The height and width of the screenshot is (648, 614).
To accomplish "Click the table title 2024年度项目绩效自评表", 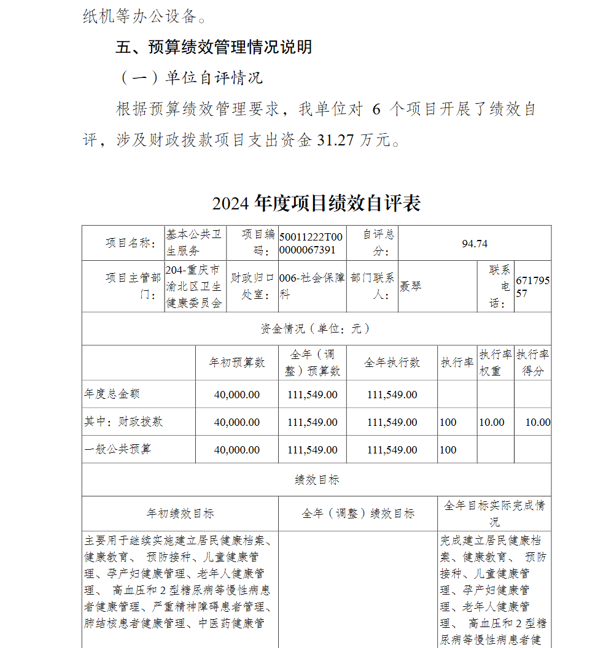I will pyautogui.click(x=316, y=203).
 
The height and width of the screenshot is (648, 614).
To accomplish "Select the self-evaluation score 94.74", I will pyautogui.click(x=475, y=244).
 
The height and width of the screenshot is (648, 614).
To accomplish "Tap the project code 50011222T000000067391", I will pyautogui.click(x=311, y=244).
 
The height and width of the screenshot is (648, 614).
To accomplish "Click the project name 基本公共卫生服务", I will pyautogui.click(x=194, y=243).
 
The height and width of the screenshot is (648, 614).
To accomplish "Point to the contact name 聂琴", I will pyautogui.click(x=411, y=286).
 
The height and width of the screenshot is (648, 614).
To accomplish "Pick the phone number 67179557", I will pyautogui.click(x=532, y=287).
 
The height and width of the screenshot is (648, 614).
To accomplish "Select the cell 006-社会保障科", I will pyautogui.click(x=311, y=286).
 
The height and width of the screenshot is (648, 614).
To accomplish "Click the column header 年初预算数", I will pyautogui.click(x=237, y=363).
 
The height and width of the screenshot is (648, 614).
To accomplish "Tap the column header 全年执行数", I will pyautogui.click(x=392, y=363).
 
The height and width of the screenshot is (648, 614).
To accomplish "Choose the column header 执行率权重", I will pyautogui.click(x=495, y=363).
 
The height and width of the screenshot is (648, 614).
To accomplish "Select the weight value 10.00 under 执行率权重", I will pyautogui.click(x=492, y=422).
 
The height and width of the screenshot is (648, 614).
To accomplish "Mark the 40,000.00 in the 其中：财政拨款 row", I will pyautogui.click(x=237, y=422).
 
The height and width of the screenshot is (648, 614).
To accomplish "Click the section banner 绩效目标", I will pyautogui.click(x=316, y=480).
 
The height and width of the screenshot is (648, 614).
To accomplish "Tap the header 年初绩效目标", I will pyautogui.click(x=180, y=514).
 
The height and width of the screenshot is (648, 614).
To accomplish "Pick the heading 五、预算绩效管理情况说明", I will pyautogui.click(x=214, y=47).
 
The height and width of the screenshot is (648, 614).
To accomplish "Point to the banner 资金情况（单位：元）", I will pyautogui.click(x=316, y=329).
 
